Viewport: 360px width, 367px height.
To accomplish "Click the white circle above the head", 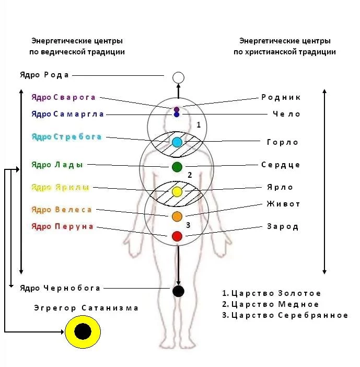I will [x=178, y=78].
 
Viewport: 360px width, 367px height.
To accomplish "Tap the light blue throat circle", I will [x=177, y=142].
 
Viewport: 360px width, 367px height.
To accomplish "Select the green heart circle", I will [x=177, y=167].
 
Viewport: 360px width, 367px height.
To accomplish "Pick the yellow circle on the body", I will [x=177, y=192].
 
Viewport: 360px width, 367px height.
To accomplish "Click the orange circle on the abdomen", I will [x=177, y=216].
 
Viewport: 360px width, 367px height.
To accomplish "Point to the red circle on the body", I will [x=177, y=236].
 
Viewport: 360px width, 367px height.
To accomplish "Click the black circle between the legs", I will [x=178, y=291].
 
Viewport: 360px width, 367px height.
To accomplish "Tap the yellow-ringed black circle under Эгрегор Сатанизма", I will [x=82, y=331].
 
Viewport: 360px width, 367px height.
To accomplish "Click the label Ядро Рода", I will [x=44, y=75].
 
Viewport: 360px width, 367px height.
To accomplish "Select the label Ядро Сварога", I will [x=63, y=97].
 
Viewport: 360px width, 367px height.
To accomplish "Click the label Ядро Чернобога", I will [x=60, y=288].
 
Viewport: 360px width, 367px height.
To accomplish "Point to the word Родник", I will [x=281, y=97].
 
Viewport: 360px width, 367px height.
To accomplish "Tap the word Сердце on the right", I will [x=281, y=165].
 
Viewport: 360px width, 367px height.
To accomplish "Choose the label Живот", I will [x=283, y=204].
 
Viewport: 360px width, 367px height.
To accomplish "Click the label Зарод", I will [x=282, y=226].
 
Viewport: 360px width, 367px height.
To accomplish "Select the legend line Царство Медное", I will [x=270, y=304].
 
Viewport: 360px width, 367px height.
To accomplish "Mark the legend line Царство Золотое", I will [x=271, y=293].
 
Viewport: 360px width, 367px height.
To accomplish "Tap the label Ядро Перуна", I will [x=62, y=226].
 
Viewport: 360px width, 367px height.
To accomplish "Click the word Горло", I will [x=282, y=142].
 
